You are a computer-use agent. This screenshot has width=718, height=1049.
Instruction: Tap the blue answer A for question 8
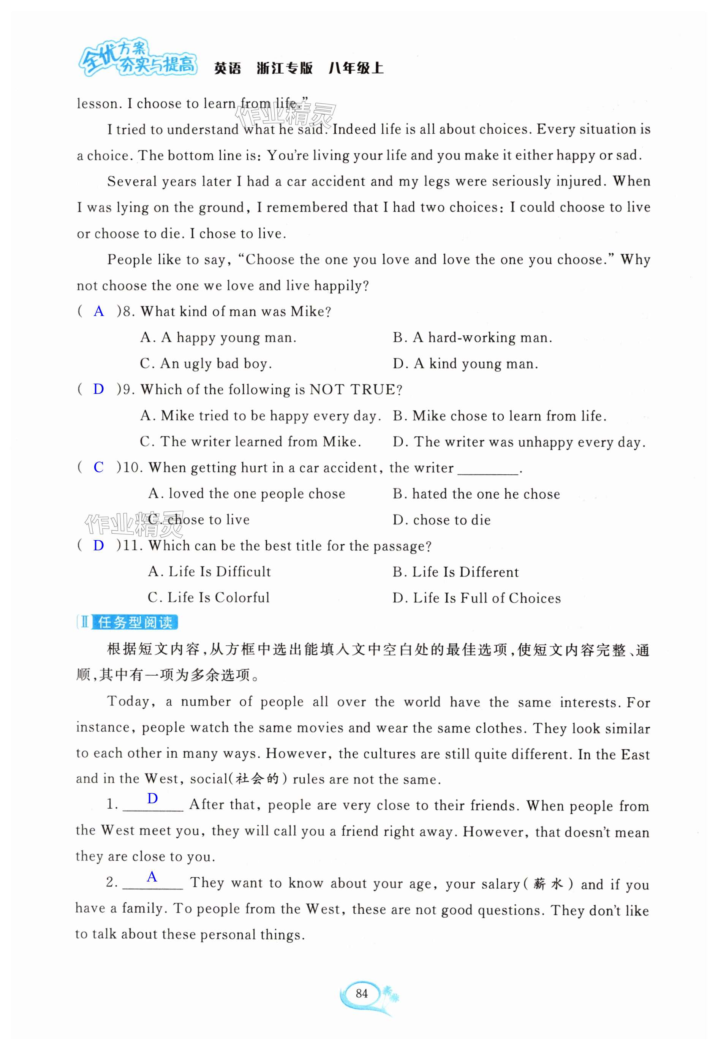click(x=98, y=311)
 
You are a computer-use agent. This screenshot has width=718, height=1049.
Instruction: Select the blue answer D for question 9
click(x=98, y=389)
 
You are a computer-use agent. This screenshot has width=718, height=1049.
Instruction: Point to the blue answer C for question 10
click(x=98, y=467)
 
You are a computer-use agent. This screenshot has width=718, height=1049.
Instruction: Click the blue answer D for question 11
click(x=98, y=545)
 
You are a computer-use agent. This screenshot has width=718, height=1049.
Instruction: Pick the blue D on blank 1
click(x=153, y=798)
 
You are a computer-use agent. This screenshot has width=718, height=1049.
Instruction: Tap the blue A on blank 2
click(x=152, y=877)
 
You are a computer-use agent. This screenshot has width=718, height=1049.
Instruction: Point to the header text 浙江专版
click(x=285, y=69)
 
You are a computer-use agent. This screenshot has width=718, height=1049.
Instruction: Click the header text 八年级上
click(x=356, y=69)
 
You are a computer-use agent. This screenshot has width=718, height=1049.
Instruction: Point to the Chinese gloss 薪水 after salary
click(x=548, y=884)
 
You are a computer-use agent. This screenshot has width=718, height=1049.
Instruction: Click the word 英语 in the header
click(x=228, y=69)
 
